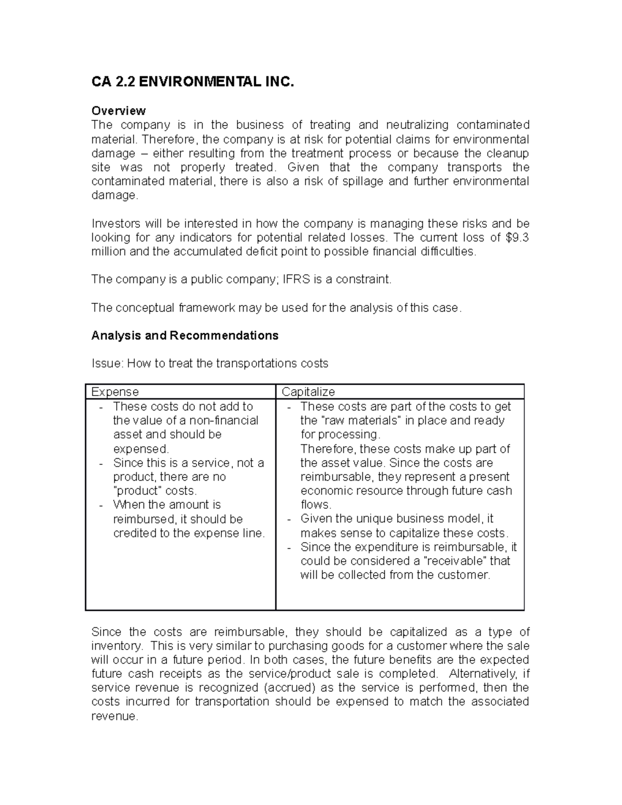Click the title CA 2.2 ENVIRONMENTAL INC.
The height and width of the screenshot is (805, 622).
[x=192, y=82]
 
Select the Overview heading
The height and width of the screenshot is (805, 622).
[x=118, y=111]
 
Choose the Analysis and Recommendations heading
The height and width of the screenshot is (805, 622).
[x=185, y=336]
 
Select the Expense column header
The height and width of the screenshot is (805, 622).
[x=115, y=392]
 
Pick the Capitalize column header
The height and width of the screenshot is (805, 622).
[x=308, y=392]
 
